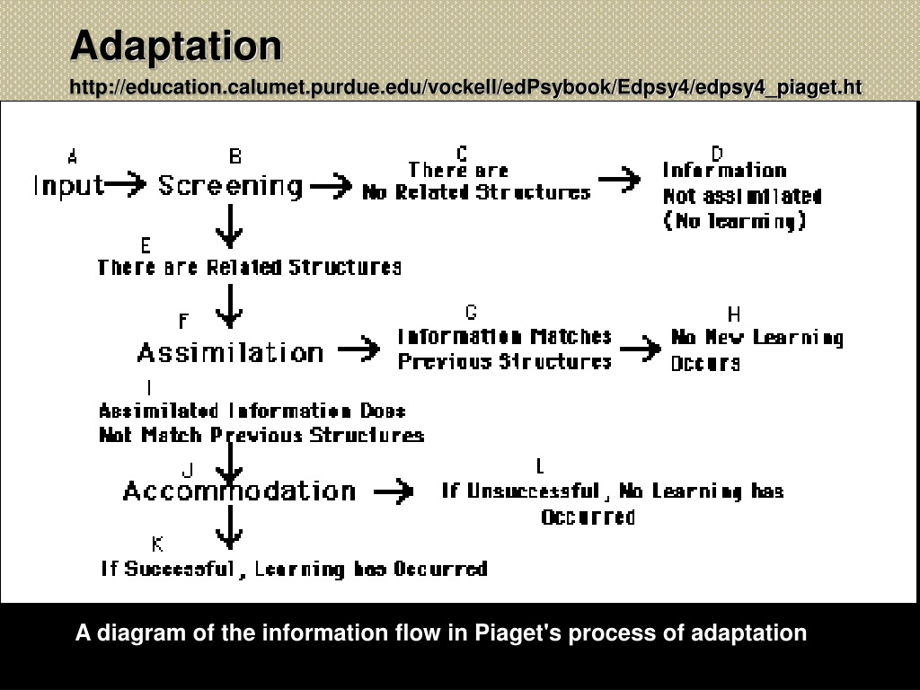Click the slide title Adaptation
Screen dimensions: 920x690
[x=176, y=46]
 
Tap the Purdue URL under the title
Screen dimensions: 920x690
[x=466, y=87]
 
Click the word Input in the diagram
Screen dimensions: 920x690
[x=68, y=186]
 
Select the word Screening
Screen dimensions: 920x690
[x=230, y=186]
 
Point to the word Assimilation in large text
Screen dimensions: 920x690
[x=230, y=352]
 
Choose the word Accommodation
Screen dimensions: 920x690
[x=239, y=491]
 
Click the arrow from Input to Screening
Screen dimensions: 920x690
[x=125, y=184]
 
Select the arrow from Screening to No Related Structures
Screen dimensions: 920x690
[x=331, y=186]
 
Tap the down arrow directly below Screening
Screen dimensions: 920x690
[x=229, y=226]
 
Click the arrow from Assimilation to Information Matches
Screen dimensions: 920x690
[x=359, y=350]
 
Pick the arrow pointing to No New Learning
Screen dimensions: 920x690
[x=640, y=349]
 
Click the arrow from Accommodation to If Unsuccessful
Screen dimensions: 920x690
[x=394, y=491]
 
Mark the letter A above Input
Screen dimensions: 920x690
[x=72, y=156]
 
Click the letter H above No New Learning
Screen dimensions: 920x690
[x=733, y=314]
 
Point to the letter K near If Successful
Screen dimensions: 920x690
[x=157, y=544]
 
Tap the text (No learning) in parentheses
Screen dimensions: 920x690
[x=735, y=221]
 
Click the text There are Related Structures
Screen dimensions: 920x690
[x=250, y=268]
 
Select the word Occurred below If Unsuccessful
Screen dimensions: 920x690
[x=588, y=517]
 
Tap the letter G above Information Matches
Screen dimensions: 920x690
[x=471, y=312]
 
